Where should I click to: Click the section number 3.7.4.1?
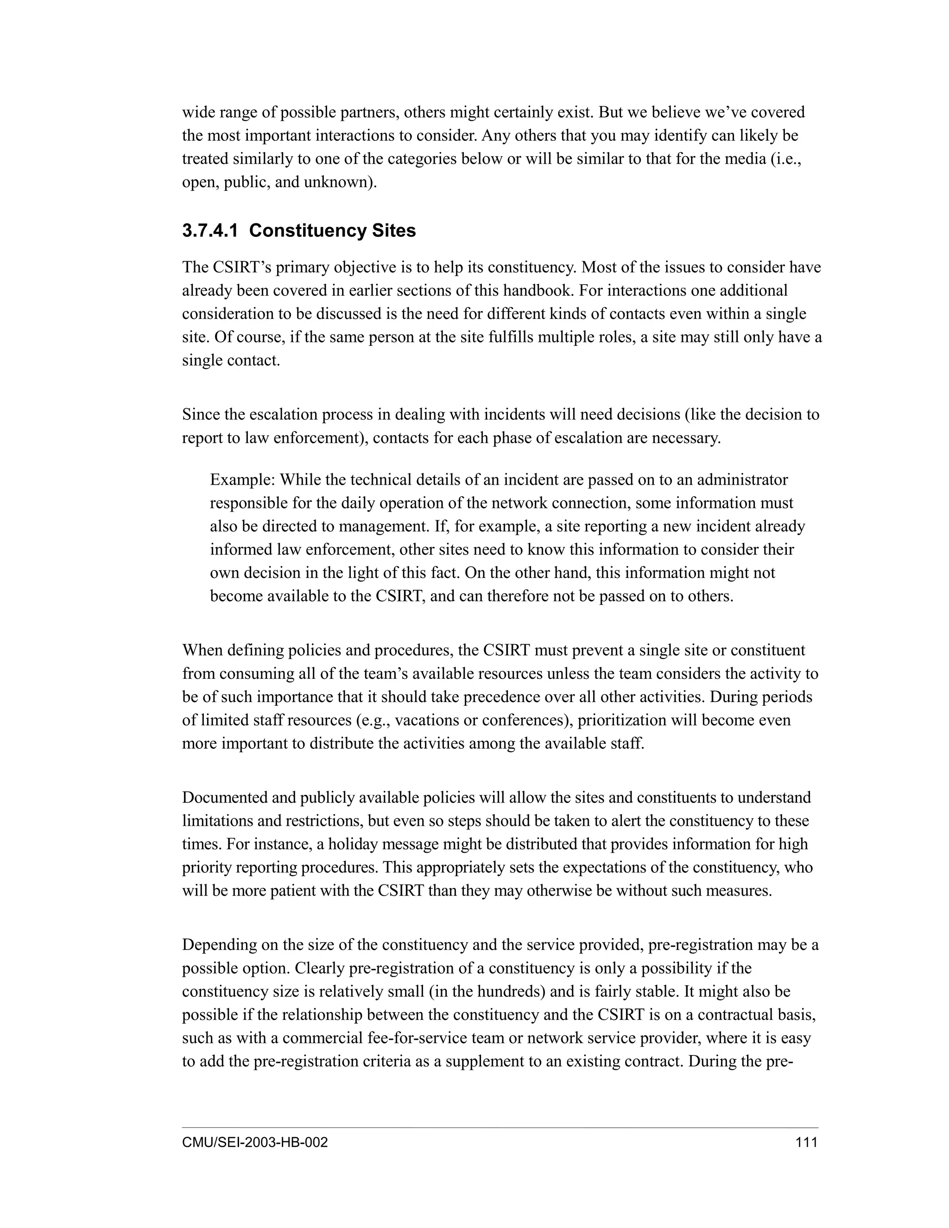pyautogui.click(x=210, y=230)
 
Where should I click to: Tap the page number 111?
pyautogui.click(x=806, y=1142)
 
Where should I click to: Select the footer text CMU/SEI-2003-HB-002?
pyautogui.click(x=255, y=1142)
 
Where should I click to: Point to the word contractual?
pyautogui.click(x=740, y=1015)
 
